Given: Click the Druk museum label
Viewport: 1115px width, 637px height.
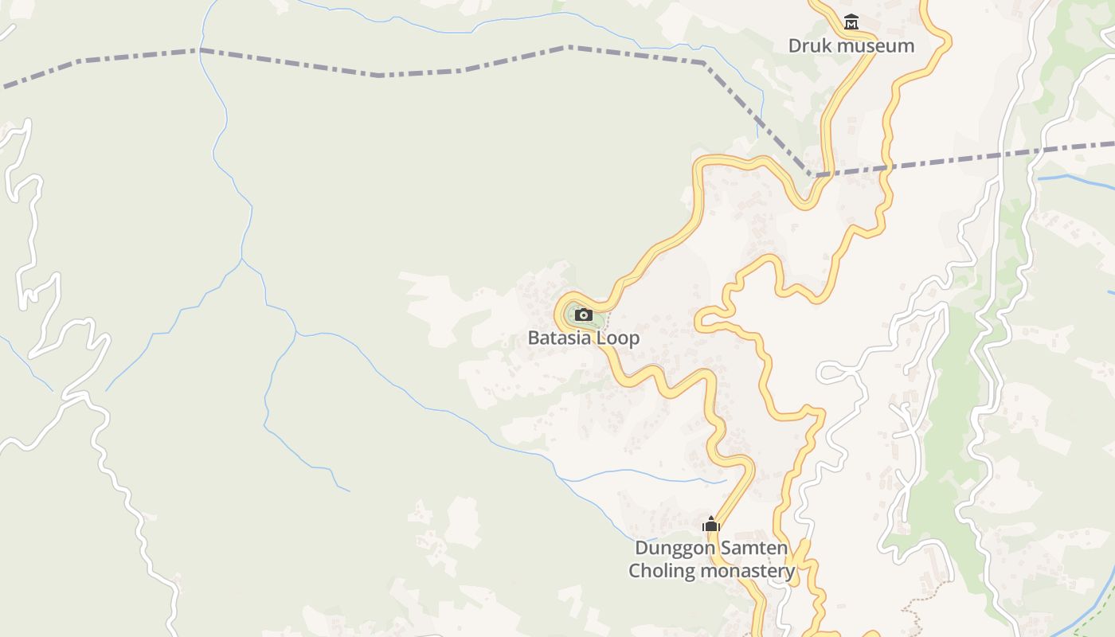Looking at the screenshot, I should click(x=851, y=45).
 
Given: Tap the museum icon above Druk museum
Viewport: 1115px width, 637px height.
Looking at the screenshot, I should click(x=851, y=22).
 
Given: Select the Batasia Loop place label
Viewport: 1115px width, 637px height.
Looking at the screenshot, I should click(x=583, y=338).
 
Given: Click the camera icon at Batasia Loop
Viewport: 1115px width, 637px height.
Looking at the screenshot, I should click(x=584, y=315).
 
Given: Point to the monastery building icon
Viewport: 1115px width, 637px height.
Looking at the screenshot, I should click(x=710, y=524).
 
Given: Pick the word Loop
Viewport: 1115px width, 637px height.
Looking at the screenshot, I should click(x=620, y=338).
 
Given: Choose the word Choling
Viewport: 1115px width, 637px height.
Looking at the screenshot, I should click(x=659, y=571).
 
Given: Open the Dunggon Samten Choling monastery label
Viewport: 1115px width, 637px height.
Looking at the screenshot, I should click(x=711, y=559).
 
